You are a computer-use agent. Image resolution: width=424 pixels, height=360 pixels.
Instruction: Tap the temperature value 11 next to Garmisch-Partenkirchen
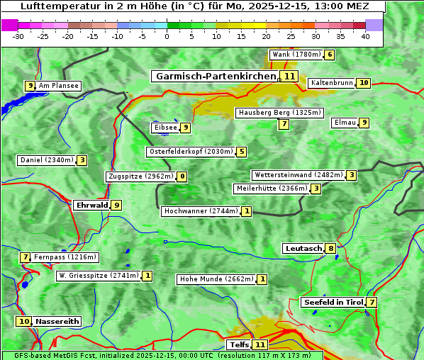click(289, 76)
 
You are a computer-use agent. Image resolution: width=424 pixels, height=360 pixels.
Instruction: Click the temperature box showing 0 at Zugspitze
click(182, 176)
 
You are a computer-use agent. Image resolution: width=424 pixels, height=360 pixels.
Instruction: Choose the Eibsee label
click(165, 128)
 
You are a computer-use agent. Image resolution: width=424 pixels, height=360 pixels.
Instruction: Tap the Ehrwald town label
click(91, 206)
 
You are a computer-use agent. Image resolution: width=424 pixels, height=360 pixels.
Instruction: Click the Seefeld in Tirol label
click(333, 303)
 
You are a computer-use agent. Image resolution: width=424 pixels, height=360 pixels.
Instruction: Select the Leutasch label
click(303, 248)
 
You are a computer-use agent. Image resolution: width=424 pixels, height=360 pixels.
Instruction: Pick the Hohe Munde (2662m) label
click(216, 279)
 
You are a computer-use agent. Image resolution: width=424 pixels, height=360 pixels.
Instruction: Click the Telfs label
click(239, 345)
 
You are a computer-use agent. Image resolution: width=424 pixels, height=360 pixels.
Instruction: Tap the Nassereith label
click(57, 321)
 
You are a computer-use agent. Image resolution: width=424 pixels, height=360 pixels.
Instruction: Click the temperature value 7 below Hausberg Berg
click(284, 124)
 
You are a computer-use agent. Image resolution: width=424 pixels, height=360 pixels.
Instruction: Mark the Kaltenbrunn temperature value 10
click(363, 83)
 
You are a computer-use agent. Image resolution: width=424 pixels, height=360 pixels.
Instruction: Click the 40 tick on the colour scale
click(365, 36)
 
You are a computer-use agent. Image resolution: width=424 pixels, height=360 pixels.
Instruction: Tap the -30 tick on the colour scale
click(18, 36)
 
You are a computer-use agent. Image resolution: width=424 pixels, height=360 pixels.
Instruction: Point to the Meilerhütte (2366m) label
click(272, 189)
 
